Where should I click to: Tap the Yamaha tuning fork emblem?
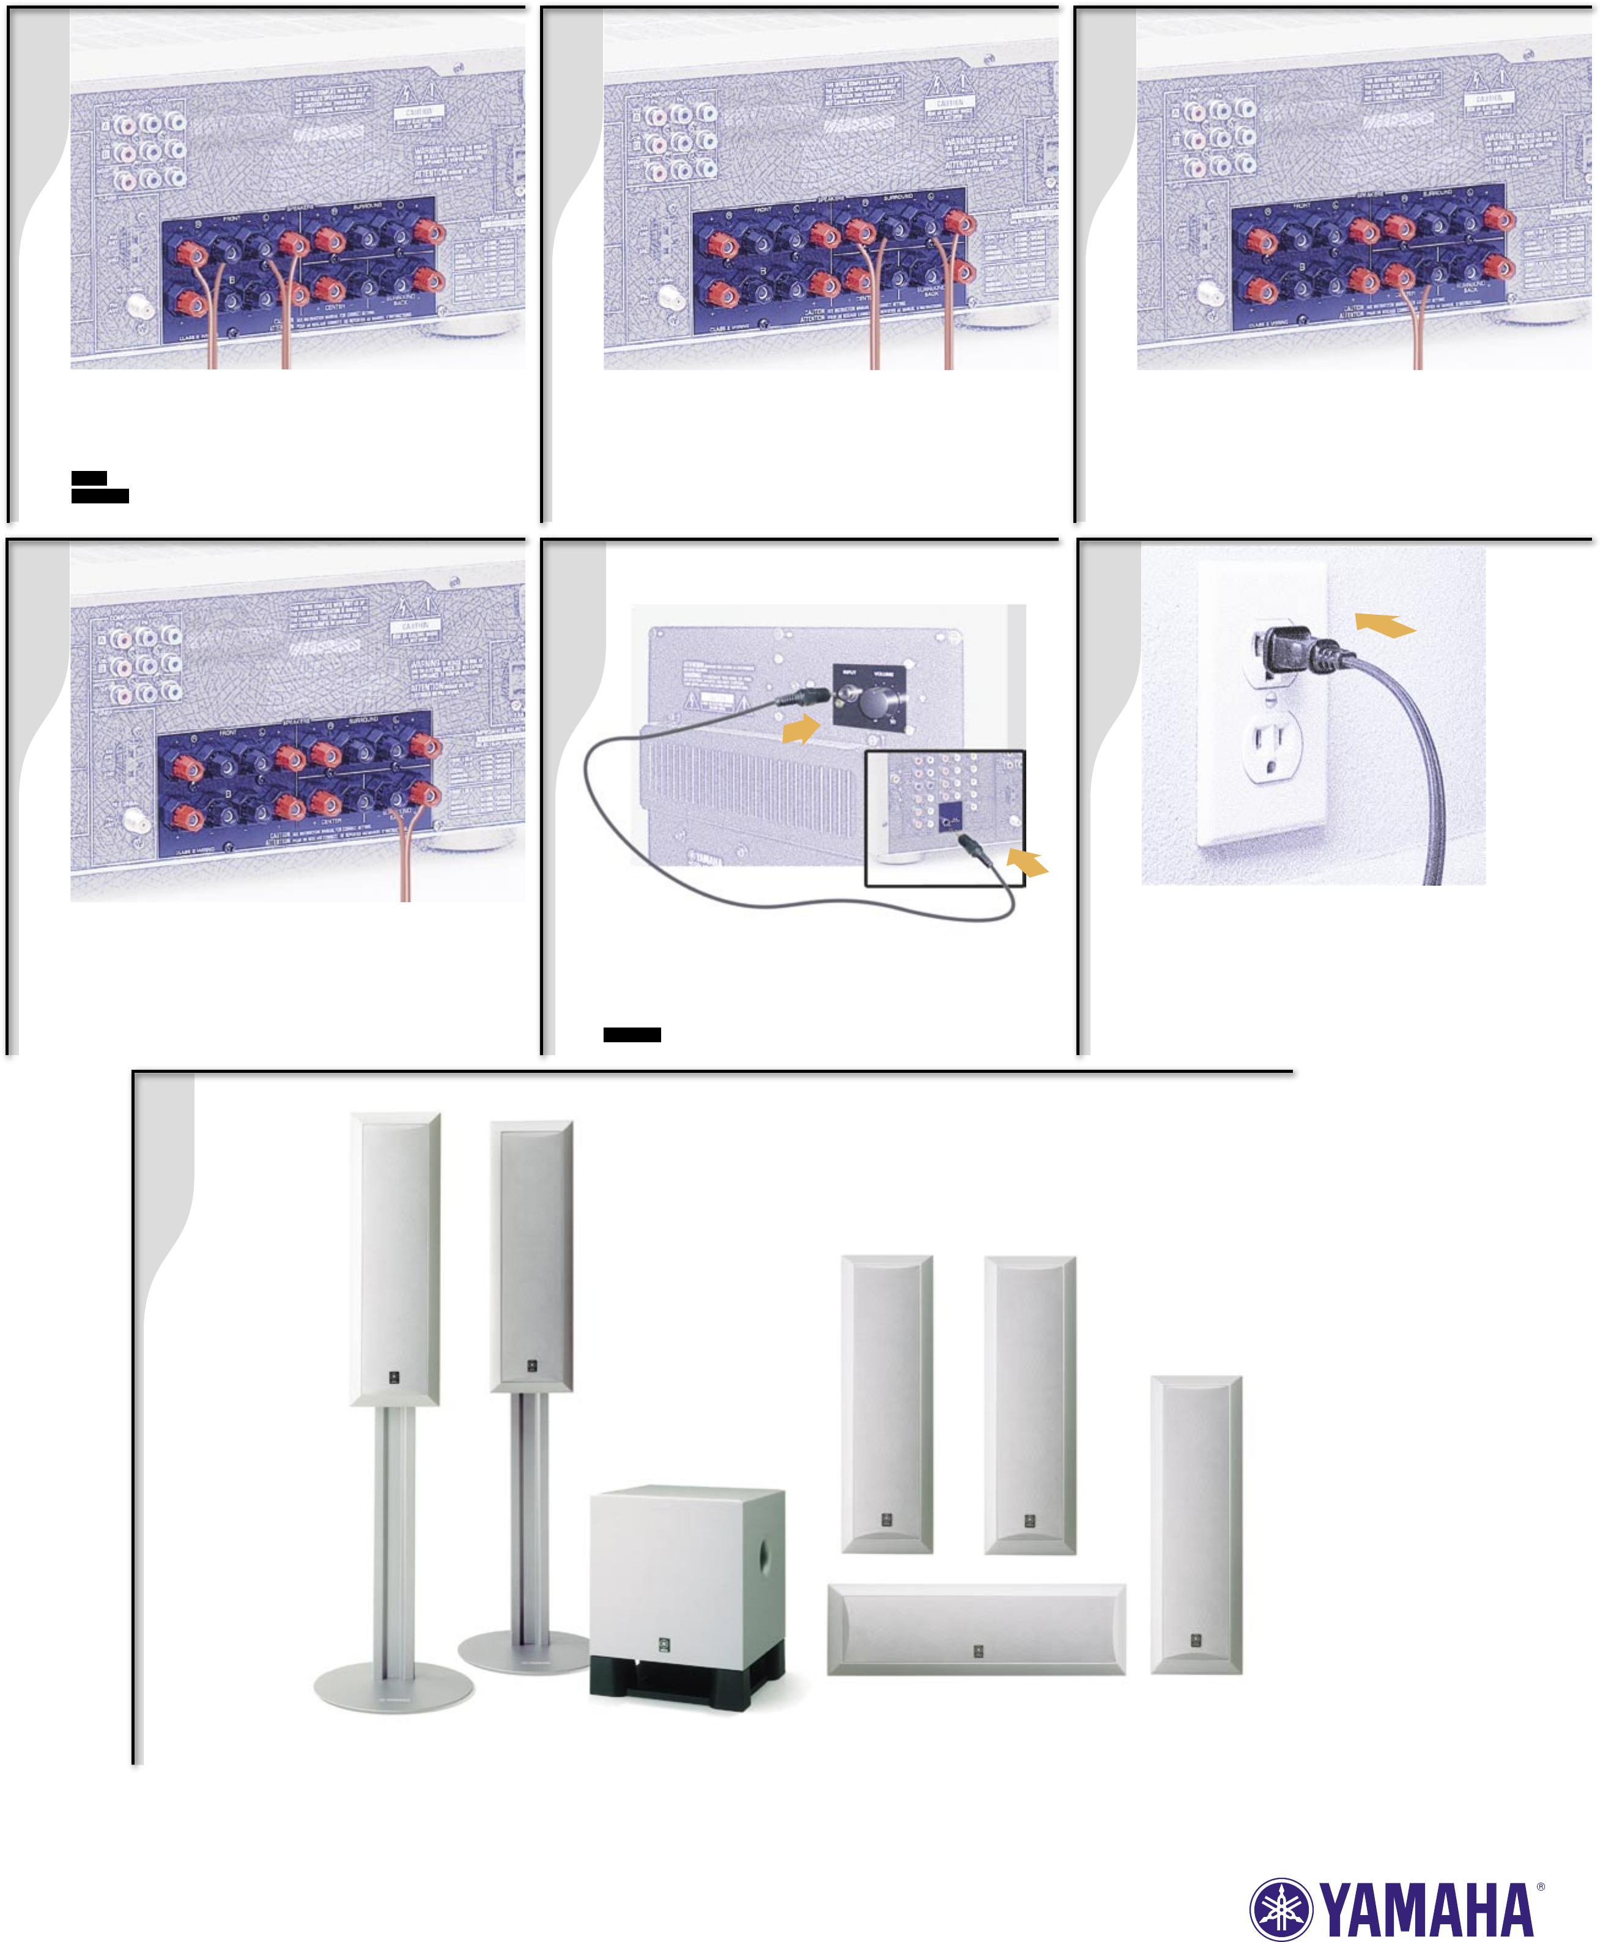pos(1281,1909)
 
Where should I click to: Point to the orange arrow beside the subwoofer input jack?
pos(801,730)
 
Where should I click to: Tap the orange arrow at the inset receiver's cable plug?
pos(1027,862)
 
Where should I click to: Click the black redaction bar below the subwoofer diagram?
pos(632,1034)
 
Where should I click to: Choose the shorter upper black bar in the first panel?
pos(89,478)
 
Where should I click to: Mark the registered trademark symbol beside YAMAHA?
pos(1540,1886)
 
